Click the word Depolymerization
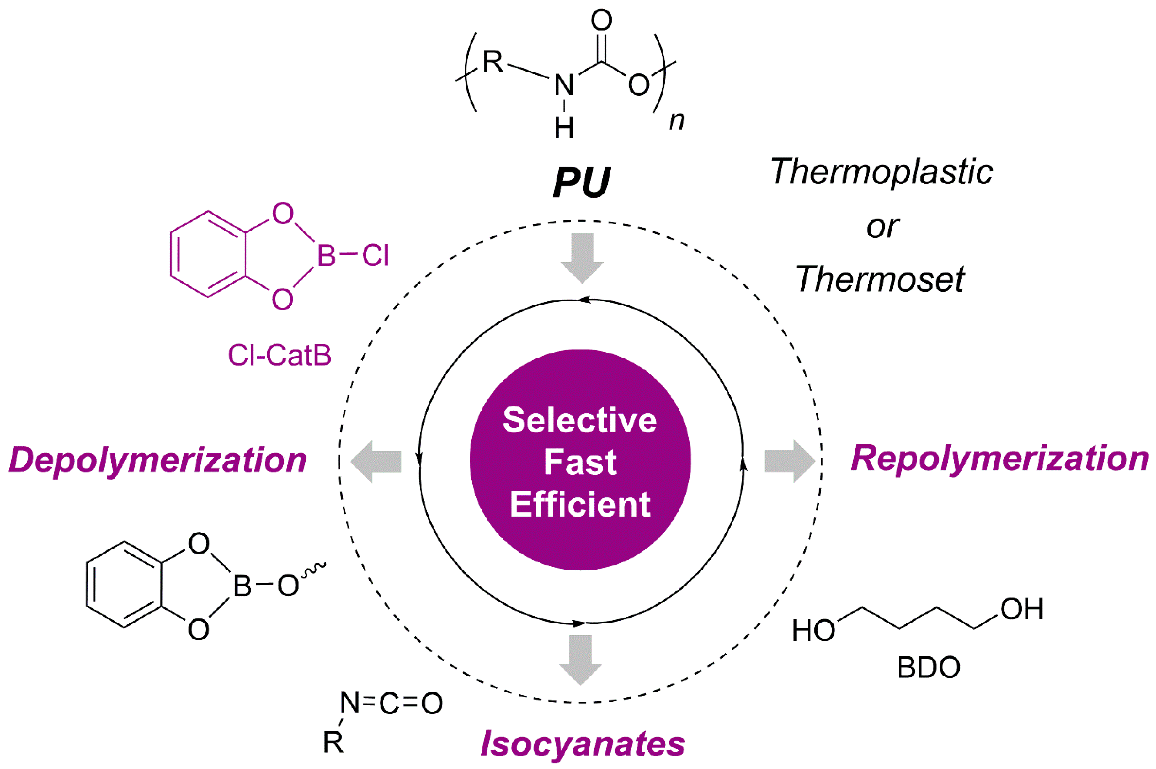click(x=158, y=460)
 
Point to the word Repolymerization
click(x=999, y=459)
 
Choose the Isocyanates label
click(x=583, y=744)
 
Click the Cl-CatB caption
click(x=280, y=355)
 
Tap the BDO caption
click(x=929, y=667)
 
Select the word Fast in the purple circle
click(x=580, y=462)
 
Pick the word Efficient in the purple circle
click(x=580, y=504)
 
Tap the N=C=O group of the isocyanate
click(x=392, y=703)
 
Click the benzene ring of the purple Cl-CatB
click(x=208, y=255)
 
